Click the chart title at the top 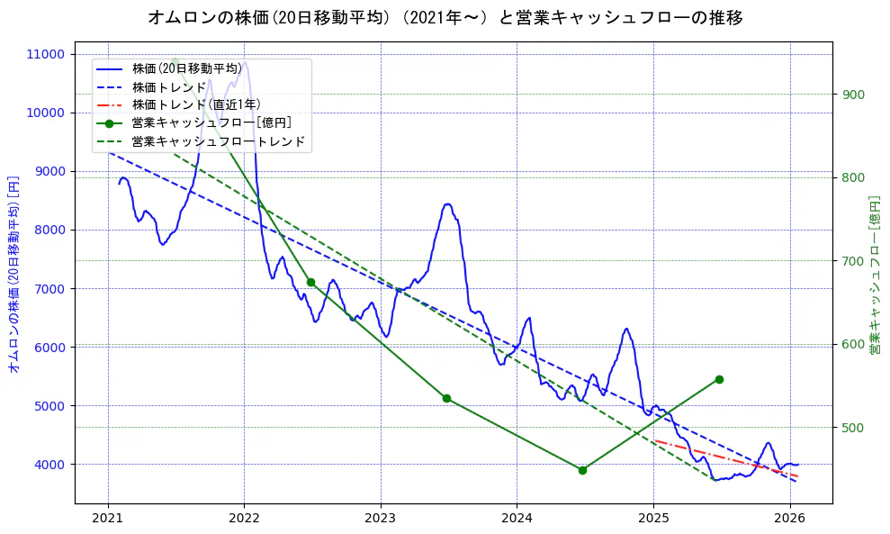tap(445, 17)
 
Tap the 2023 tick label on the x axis tap(380, 518)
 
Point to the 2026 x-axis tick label tap(789, 518)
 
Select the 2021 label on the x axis tap(108, 518)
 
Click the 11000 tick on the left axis tap(46, 54)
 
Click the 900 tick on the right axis tap(852, 95)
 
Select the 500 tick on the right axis tap(852, 428)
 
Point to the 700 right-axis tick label tap(852, 261)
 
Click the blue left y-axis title tap(13, 275)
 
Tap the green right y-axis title tap(874, 275)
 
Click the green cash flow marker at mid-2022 tap(310, 282)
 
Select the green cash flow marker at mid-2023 tap(446, 398)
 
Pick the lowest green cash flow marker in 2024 tap(582, 470)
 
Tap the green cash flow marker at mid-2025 tap(719, 379)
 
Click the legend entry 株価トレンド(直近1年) tap(196, 104)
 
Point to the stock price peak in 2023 tap(448, 204)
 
